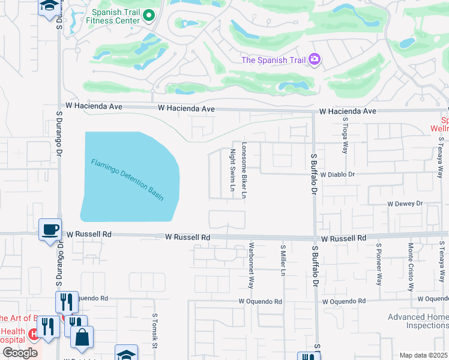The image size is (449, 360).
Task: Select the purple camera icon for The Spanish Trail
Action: point(314,59)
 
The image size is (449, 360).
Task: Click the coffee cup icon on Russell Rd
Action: point(50,229)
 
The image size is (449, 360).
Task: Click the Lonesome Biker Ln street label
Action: point(244,170)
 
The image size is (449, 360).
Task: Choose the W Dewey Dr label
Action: point(405,204)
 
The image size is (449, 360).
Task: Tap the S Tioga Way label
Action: point(345,139)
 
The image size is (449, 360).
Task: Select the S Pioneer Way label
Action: point(379,265)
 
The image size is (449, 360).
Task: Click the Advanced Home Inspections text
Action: point(418,321)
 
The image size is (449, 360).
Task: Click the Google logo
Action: point(19,353)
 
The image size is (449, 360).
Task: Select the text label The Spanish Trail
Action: point(273,60)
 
